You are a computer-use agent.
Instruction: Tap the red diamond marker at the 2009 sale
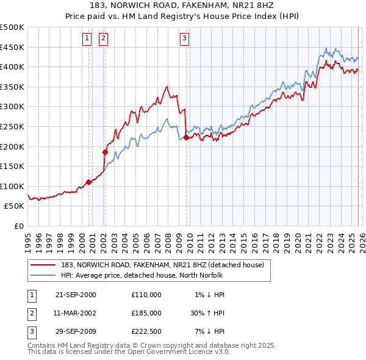coord(186,137)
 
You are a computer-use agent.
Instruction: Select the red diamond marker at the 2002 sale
coord(105,153)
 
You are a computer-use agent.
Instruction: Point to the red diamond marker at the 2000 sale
coord(89,182)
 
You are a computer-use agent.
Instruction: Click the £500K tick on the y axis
coord(12,27)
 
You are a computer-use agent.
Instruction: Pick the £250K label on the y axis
coord(12,126)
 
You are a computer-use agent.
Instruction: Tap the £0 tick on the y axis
coord(18,226)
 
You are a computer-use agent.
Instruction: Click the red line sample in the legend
coord(43,265)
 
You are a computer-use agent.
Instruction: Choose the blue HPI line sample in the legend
coord(43,275)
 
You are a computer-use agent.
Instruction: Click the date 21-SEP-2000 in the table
coord(76,295)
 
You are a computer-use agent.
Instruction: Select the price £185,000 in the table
coord(146,312)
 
